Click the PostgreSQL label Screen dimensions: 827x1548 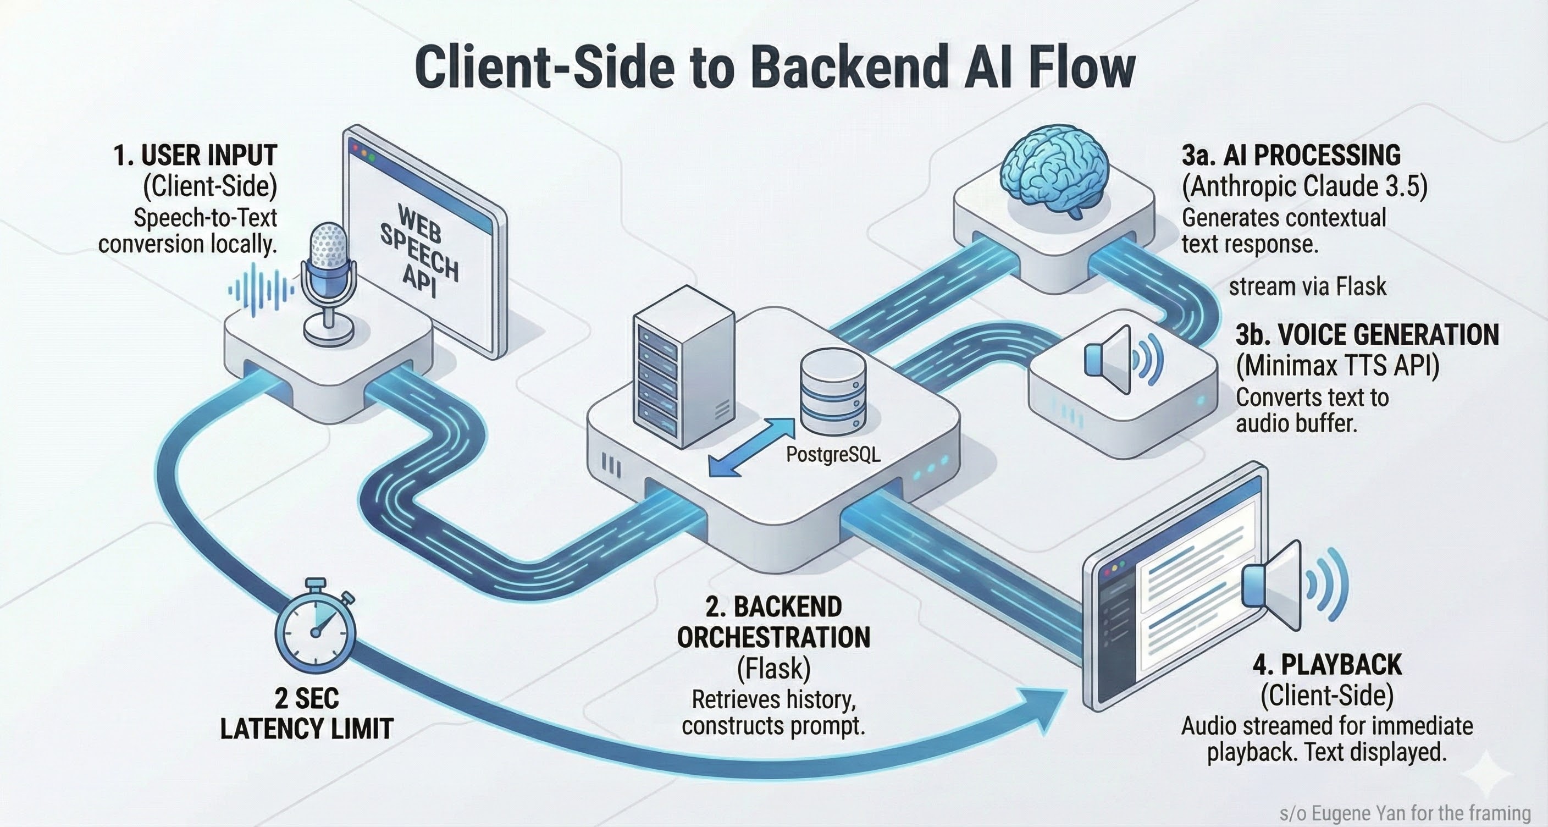tap(833, 454)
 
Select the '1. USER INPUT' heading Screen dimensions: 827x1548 tap(195, 155)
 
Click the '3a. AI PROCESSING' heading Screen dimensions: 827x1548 tap(1291, 155)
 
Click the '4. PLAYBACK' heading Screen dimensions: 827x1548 tap(1327, 665)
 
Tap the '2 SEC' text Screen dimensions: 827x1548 tap(307, 698)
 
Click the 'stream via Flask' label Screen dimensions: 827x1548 tap(1307, 286)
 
